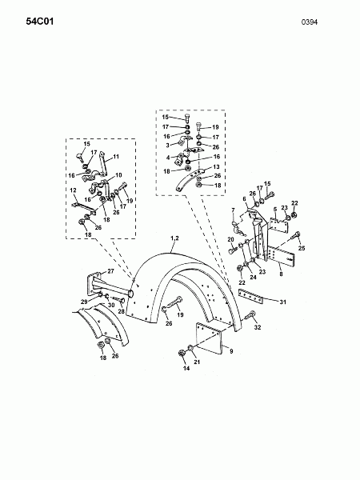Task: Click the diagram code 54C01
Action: [40, 22]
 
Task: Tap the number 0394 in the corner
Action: [309, 22]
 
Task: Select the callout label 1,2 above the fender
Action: [174, 238]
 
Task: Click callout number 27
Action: [110, 271]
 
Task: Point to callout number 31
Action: [283, 302]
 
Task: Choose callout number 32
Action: [258, 327]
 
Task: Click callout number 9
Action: [231, 351]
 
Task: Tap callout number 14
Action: [186, 368]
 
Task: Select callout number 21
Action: [197, 362]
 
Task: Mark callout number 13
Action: [216, 167]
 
